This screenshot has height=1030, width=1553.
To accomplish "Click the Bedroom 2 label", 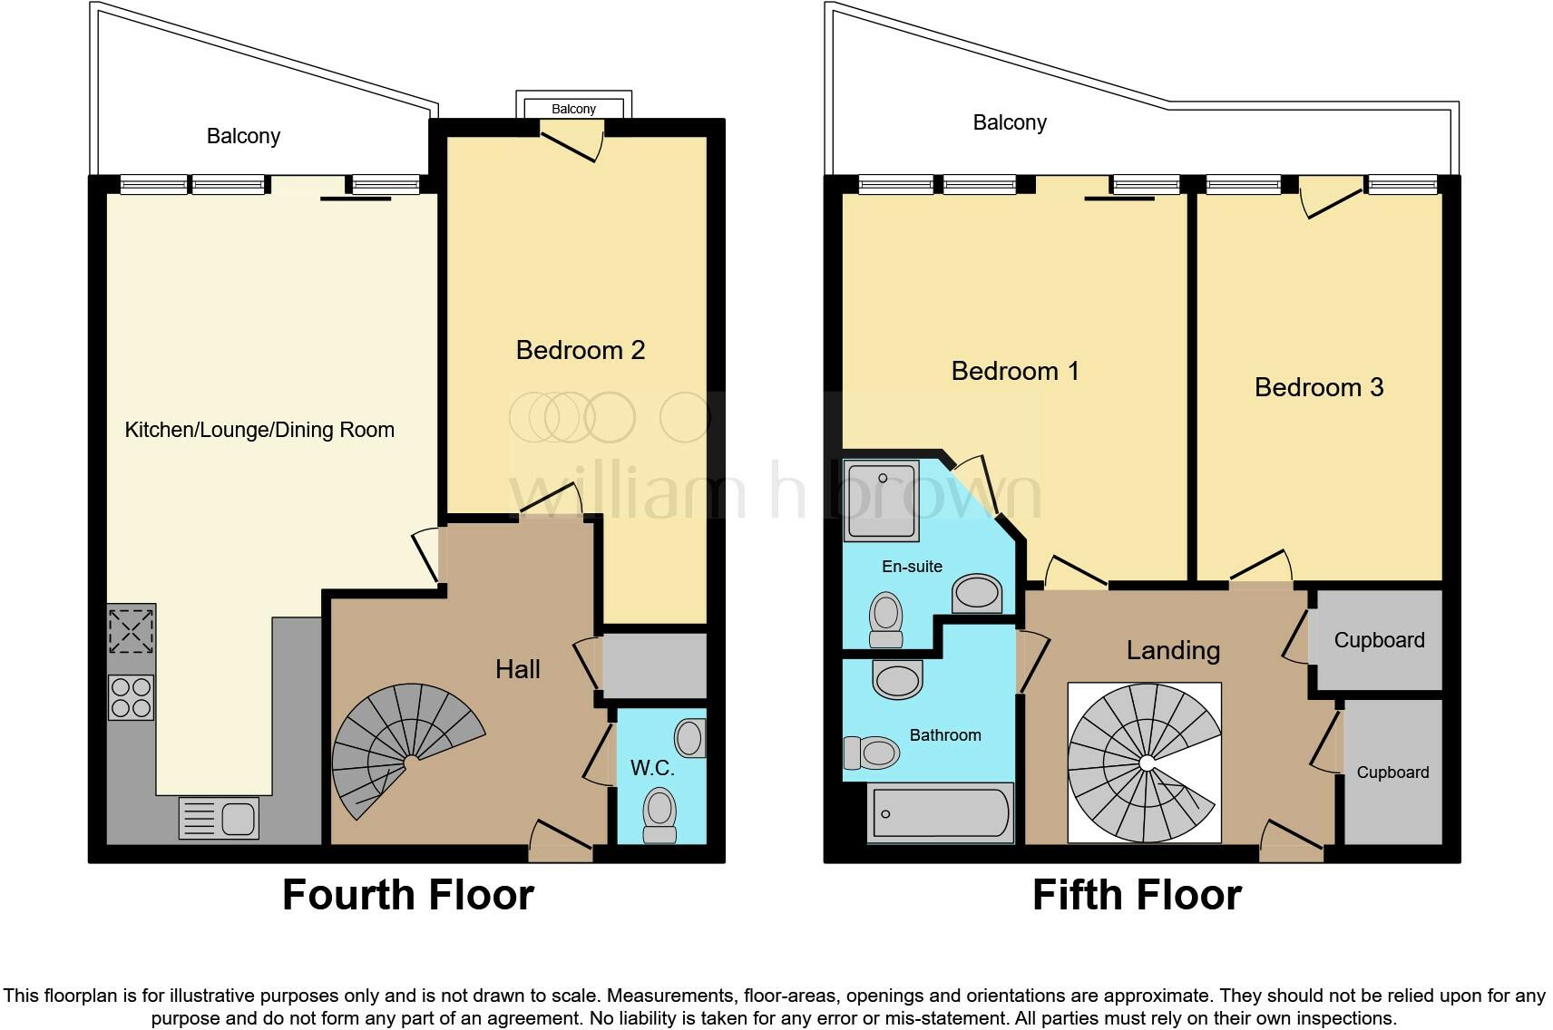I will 580,350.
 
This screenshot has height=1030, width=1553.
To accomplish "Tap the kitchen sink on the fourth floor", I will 219,817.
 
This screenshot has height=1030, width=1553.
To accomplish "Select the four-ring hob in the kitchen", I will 131,697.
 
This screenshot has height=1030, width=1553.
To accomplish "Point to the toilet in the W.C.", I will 659,813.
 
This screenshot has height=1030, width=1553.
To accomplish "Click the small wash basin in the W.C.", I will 689,738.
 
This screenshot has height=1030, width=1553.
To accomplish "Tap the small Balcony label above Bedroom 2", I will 573,109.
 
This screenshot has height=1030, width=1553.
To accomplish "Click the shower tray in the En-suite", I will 881,500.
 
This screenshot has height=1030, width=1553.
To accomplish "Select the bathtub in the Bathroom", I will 940,812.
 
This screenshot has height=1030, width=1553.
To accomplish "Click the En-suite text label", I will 912,567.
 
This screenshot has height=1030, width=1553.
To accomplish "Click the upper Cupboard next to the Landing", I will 1379,640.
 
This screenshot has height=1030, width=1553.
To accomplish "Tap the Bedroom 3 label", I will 1318,387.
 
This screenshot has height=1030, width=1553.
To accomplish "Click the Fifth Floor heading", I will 1136,895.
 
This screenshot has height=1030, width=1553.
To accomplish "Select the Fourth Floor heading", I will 407,895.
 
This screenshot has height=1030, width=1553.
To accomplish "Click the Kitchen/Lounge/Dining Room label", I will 259,430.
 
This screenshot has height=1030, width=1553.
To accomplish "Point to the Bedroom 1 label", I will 1014,371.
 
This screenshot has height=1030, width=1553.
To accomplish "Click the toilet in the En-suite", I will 885,618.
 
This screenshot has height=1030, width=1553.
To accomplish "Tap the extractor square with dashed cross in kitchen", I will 131,630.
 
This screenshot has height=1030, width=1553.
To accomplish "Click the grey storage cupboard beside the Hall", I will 654,666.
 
